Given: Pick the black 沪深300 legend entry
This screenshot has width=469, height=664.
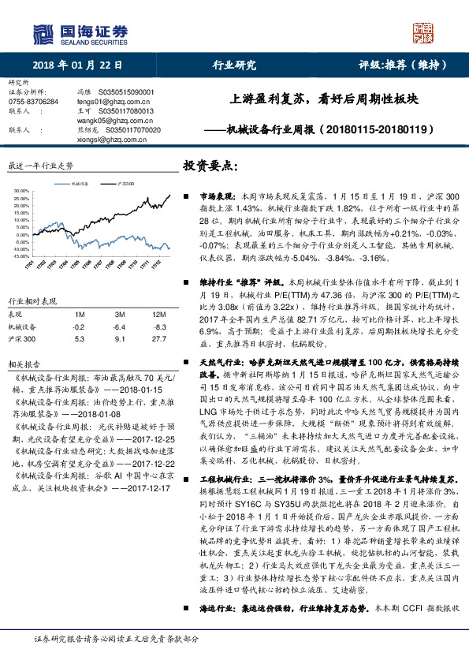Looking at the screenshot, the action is coord(125,182).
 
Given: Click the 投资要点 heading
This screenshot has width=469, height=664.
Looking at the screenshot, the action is coord(210,167).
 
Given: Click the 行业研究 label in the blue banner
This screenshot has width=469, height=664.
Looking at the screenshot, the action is coord(235,65).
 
